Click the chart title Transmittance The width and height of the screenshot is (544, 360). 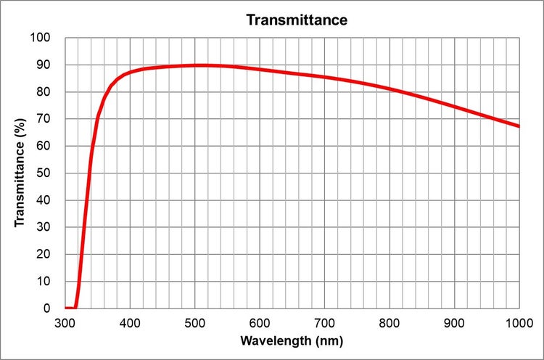coord(297,20)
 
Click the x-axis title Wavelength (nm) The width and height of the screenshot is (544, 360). coord(291,340)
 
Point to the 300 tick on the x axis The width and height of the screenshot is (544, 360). coord(65,322)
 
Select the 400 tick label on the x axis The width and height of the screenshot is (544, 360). coord(130,322)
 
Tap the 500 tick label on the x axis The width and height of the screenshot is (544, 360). coord(194,322)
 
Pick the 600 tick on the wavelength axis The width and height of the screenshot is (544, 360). coord(260,322)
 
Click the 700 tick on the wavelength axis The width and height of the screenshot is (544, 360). coord(324,322)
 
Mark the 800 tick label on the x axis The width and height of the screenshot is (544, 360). coord(390,322)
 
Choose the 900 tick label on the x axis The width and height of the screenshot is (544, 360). coord(454,322)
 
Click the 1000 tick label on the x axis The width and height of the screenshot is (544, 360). coord(518,322)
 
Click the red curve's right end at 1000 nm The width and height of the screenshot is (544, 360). coord(519,126)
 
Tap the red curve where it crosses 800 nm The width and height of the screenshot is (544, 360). coord(390,89)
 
